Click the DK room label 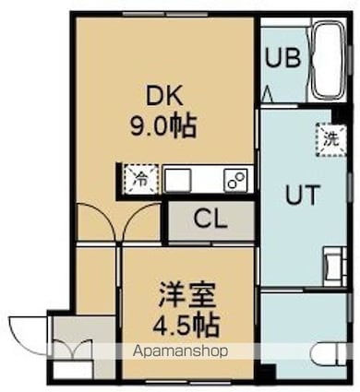(164, 95)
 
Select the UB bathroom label (282, 56)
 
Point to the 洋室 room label (187, 297)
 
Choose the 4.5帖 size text (187, 326)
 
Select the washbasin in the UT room (334, 264)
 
